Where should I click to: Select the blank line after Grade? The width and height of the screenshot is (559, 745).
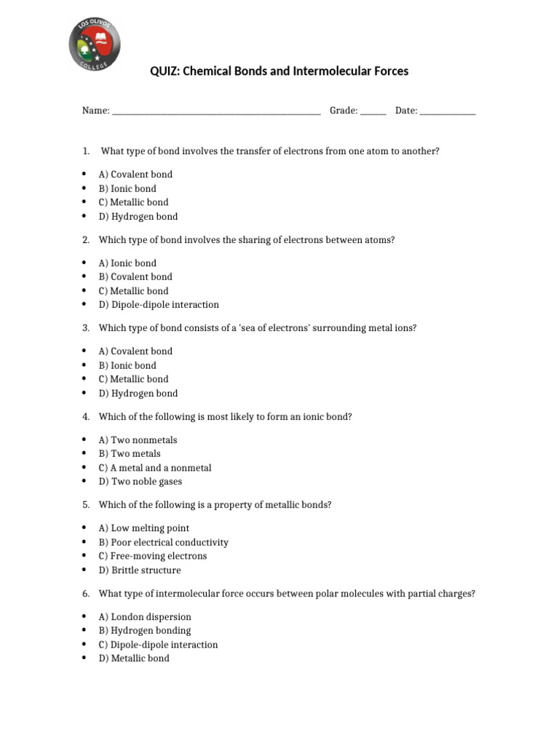point(373,112)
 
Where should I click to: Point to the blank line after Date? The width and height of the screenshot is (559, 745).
point(448,112)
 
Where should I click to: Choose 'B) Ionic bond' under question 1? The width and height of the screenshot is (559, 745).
point(127,188)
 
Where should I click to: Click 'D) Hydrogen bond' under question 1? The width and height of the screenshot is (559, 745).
point(138,217)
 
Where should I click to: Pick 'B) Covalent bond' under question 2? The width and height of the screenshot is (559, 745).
point(135,276)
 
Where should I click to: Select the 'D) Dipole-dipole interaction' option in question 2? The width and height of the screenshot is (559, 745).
point(159,305)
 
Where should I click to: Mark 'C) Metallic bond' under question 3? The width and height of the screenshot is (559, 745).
point(133,379)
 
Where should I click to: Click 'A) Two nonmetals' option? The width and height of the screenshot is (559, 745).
point(138,440)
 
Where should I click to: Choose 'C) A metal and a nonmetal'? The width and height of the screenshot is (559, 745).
point(155,468)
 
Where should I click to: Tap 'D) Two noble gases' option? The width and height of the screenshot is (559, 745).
point(140,482)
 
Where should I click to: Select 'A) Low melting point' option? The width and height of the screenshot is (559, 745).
point(144,528)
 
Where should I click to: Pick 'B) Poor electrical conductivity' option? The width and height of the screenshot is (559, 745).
point(164,542)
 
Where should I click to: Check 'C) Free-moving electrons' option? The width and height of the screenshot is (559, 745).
point(153,556)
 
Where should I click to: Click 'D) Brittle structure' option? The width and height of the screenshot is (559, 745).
point(140,570)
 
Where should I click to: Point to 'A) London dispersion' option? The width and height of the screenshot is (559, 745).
point(145,617)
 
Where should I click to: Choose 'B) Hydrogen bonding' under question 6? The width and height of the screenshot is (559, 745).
point(145,631)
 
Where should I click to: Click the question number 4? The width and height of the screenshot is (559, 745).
point(85,417)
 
